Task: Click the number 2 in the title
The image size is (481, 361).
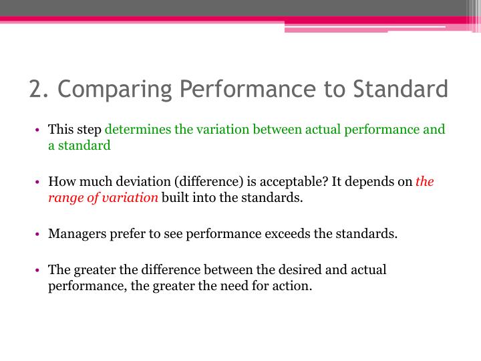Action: [36, 89]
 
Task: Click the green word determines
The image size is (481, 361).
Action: [136, 130]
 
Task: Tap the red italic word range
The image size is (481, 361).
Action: [63, 197]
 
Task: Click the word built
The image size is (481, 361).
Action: [174, 197]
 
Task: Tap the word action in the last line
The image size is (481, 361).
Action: [292, 286]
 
